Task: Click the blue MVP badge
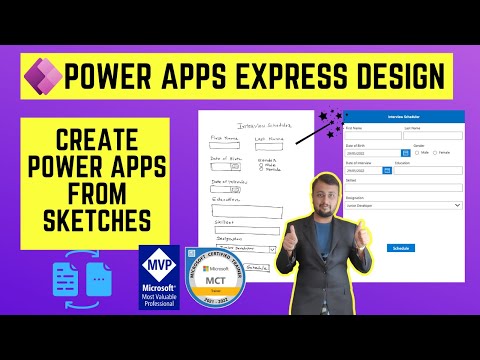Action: point(159,276)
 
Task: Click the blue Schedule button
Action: point(401,247)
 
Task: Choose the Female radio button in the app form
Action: point(435,153)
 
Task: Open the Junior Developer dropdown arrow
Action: point(458,205)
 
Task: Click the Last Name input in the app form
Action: point(433,137)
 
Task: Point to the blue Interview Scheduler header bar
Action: point(402,117)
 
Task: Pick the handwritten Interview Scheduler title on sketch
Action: point(256,123)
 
